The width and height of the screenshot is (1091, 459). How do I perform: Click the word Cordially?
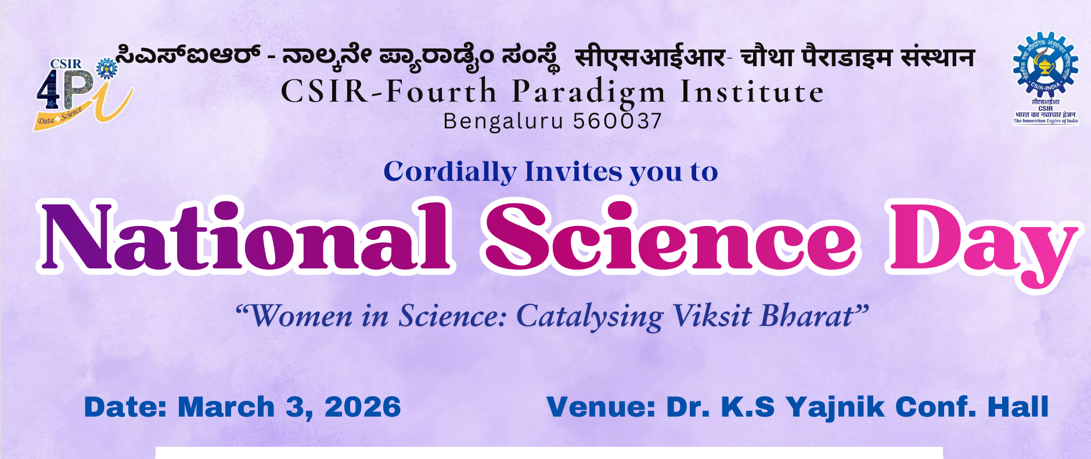click(449, 172)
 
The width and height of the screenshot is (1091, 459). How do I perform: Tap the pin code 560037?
click(617, 121)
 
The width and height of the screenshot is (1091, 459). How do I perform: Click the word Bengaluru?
click(503, 121)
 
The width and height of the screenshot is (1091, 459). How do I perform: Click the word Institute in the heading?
click(752, 92)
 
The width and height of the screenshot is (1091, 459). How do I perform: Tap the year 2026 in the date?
click(362, 407)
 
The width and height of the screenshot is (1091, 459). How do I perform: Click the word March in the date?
click(226, 407)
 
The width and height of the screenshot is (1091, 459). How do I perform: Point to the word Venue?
click(601, 407)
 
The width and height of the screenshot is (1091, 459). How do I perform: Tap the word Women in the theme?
click(300, 317)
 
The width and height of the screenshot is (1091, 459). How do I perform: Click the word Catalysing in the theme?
click(589, 317)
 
